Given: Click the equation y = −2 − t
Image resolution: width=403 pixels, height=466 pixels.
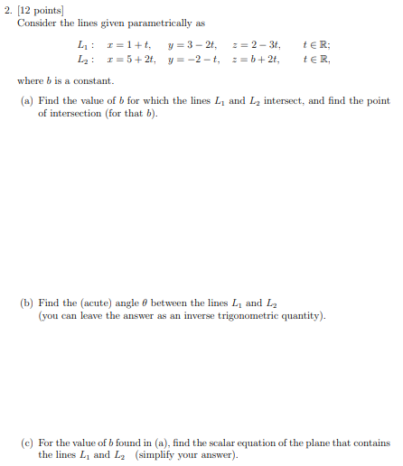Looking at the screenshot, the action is pos(189,60).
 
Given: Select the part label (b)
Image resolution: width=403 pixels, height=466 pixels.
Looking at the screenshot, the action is pos(27,303).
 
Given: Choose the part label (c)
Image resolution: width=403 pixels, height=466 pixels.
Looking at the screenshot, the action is pos(27,443).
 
